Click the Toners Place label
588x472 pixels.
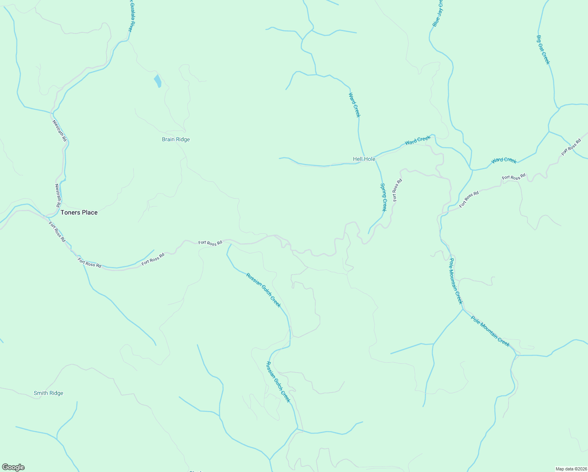point(79,212)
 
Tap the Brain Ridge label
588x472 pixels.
point(176,139)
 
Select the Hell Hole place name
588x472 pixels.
point(364,159)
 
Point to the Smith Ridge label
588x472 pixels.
point(48,393)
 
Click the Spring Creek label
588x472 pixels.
point(384,197)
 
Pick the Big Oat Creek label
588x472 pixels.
point(543,50)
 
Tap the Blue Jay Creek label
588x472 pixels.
point(437,14)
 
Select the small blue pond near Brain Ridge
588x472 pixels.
point(158,81)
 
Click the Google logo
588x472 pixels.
point(13,467)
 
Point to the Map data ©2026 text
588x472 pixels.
point(571,469)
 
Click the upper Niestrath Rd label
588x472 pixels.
point(60,131)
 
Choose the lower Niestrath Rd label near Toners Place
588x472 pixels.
point(58,195)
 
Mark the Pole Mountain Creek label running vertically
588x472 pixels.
point(456,281)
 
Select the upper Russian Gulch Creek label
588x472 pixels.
point(263,290)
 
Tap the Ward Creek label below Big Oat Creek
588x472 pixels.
point(503,160)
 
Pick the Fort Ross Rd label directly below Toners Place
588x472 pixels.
point(57,231)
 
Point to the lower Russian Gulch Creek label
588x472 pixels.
point(278,382)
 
